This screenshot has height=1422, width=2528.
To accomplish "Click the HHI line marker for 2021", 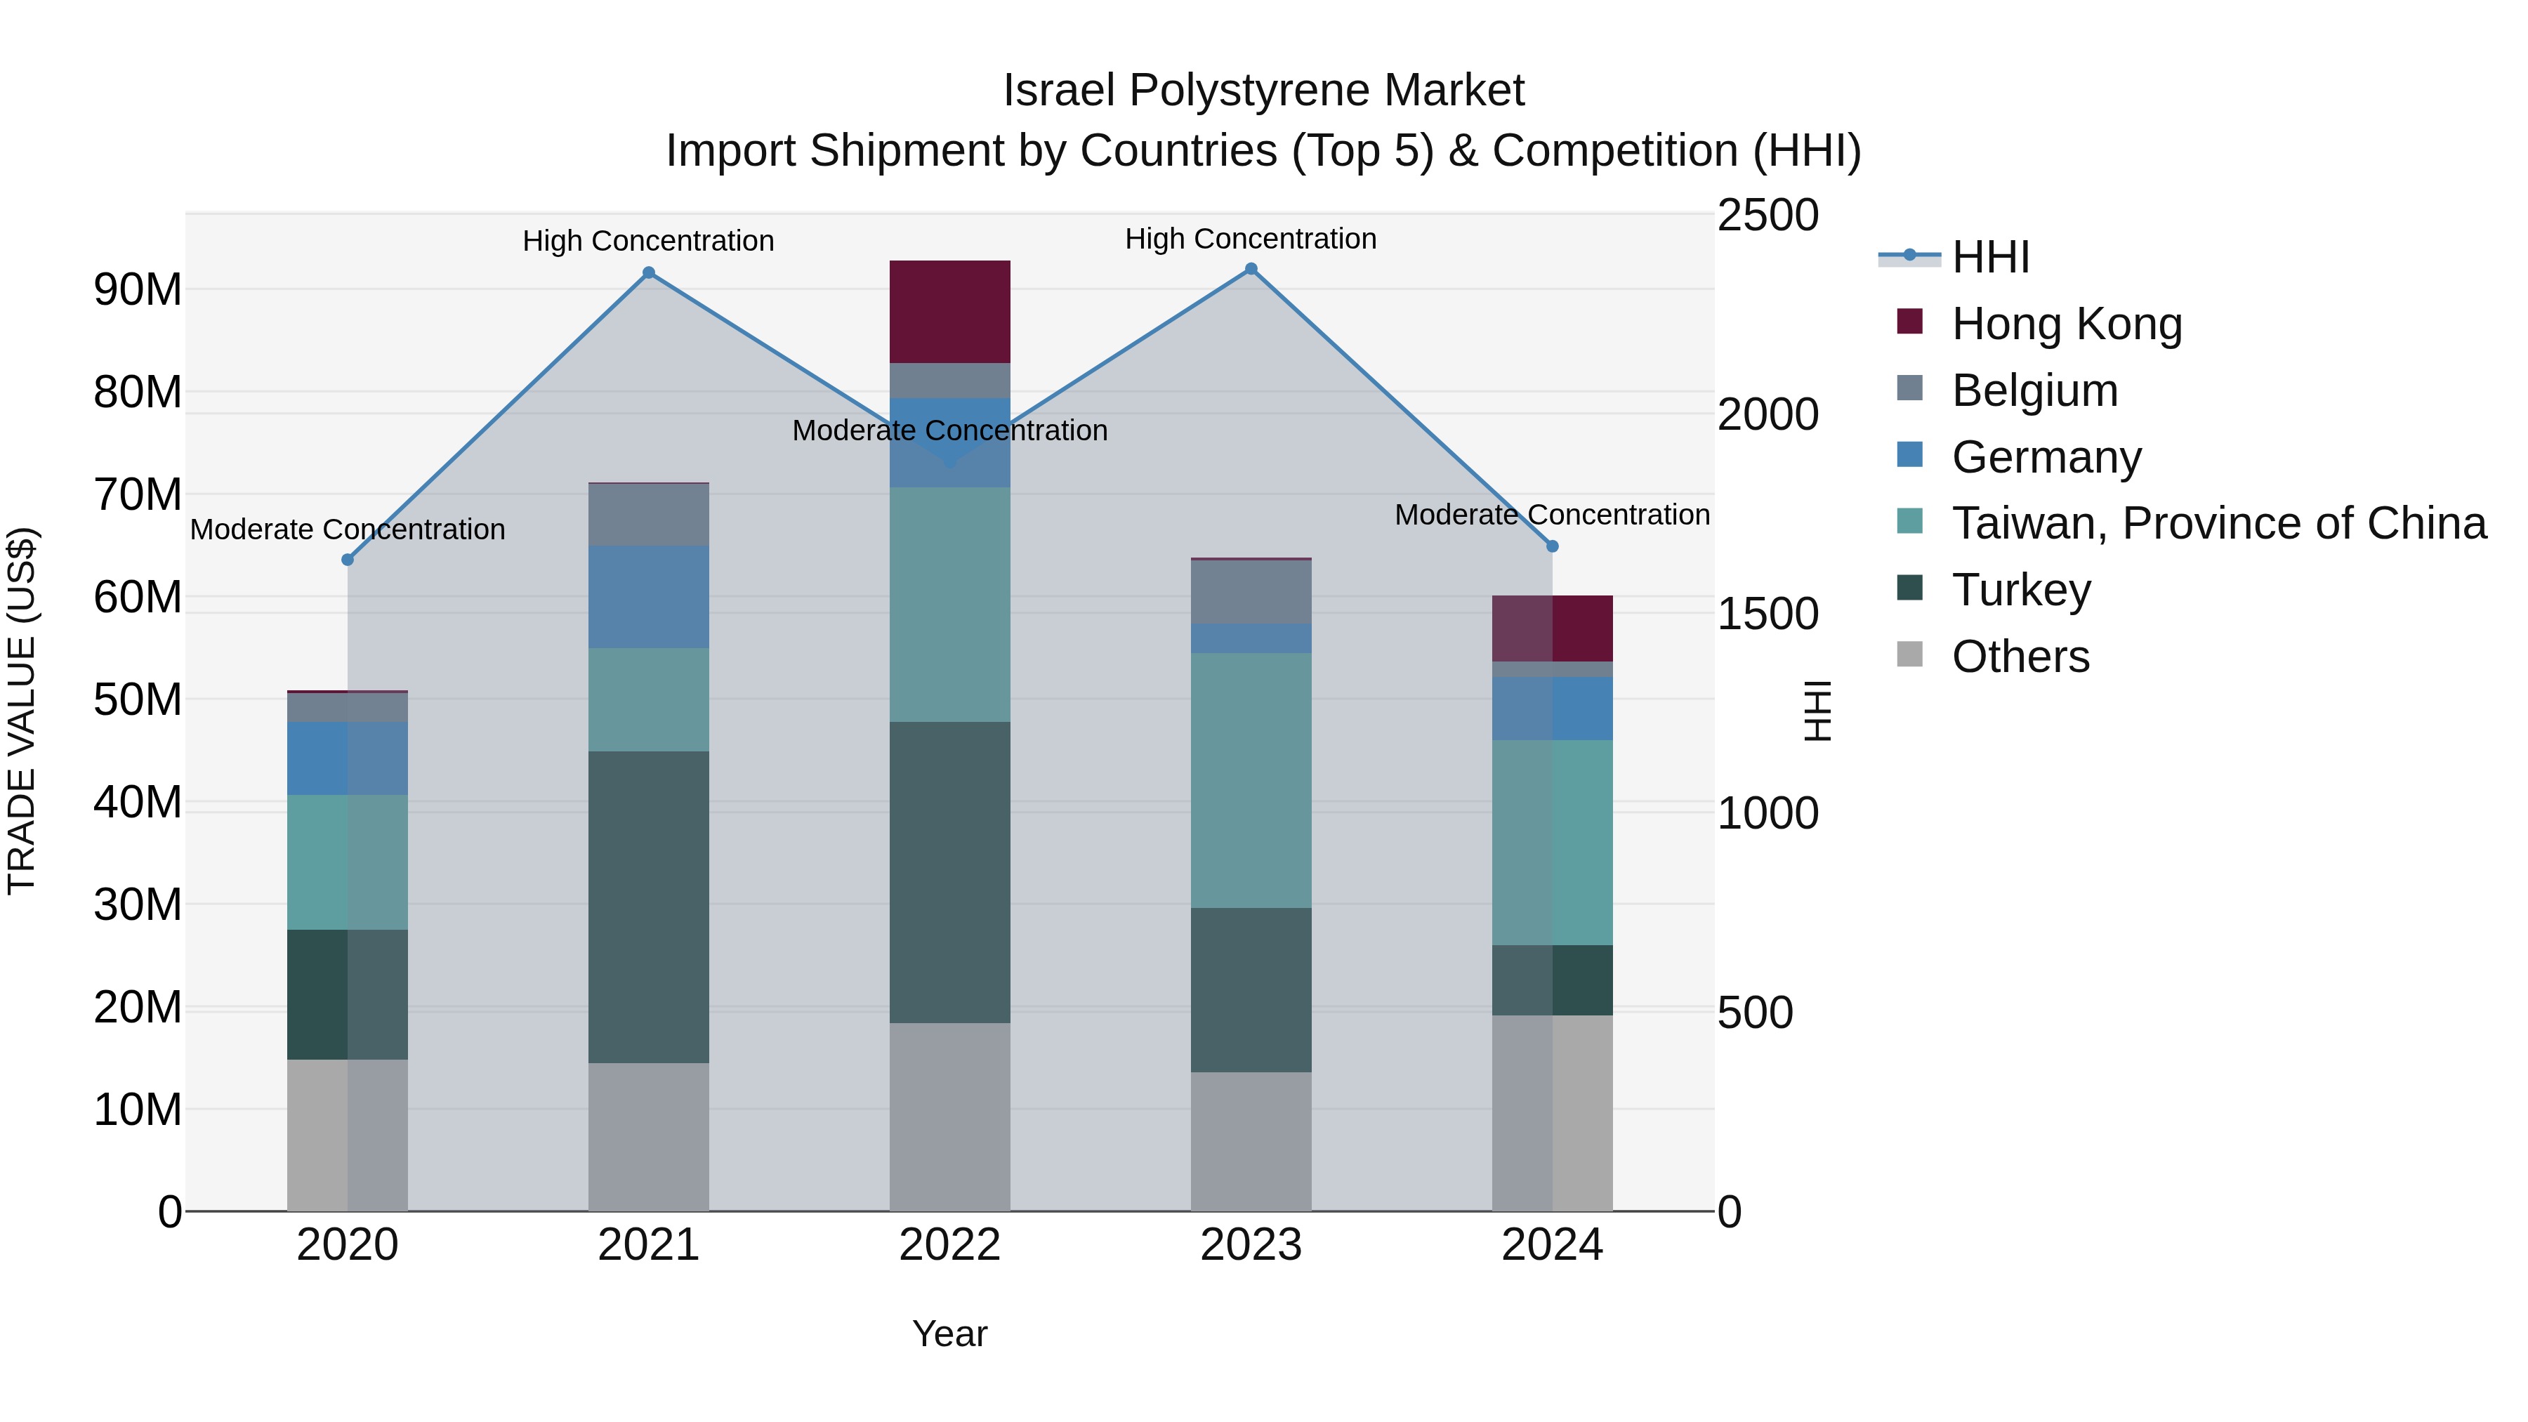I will [649, 273].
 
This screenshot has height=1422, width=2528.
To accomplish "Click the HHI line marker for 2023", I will [1251, 269].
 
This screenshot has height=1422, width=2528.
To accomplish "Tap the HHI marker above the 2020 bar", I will [348, 560].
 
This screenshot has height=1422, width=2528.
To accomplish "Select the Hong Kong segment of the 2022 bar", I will [950, 312].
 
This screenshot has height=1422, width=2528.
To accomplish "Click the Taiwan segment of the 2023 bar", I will [1251, 780].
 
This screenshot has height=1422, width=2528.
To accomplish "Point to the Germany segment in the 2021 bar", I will [649, 597].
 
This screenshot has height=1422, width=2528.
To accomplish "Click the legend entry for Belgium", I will [2034, 390].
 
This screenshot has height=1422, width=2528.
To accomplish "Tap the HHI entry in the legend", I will [1990, 257].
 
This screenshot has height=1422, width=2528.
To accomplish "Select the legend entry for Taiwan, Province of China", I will [2218, 523].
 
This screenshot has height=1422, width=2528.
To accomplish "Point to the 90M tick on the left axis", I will [138, 289].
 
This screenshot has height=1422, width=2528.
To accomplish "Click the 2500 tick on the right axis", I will [1767, 215].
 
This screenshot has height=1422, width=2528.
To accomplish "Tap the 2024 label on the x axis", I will [1551, 1245].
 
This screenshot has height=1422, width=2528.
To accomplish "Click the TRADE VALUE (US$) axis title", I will [22, 711].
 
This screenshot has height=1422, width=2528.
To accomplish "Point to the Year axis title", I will [950, 1334].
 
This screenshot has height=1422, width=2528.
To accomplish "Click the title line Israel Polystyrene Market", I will [1263, 91].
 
